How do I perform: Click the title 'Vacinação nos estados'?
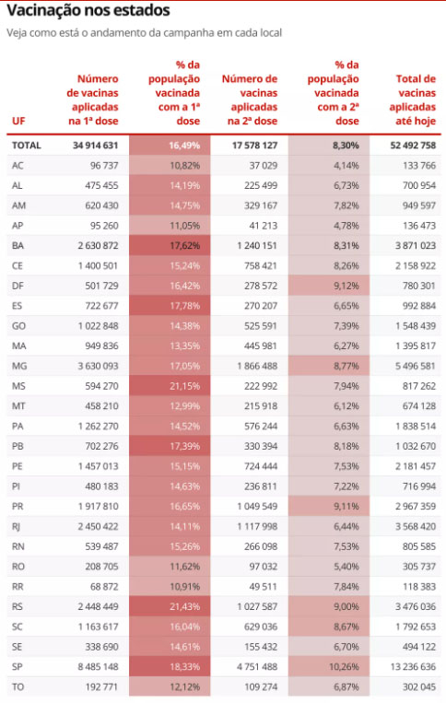(x=88, y=11)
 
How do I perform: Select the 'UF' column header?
(x=18, y=121)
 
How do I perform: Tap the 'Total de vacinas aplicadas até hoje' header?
(x=413, y=100)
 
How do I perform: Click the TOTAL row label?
(x=27, y=146)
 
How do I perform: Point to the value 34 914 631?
(x=96, y=146)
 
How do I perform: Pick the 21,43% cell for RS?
(x=184, y=606)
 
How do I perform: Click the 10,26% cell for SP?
(x=344, y=667)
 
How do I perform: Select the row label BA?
(x=18, y=246)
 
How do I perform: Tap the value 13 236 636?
(x=413, y=667)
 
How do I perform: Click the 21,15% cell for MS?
(x=184, y=386)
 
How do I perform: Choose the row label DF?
(x=18, y=286)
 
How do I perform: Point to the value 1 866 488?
(x=257, y=366)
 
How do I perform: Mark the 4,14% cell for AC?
(x=346, y=166)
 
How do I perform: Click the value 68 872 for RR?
(x=104, y=586)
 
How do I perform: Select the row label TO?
(x=18, y=686)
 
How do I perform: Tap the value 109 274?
(x=261, y=686)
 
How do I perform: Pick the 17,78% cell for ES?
(x=184, y=306)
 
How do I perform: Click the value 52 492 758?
(x=413, y=146)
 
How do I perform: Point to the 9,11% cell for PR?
(x=346, y=506)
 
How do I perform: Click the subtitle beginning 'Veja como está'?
(x=145, y=33)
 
